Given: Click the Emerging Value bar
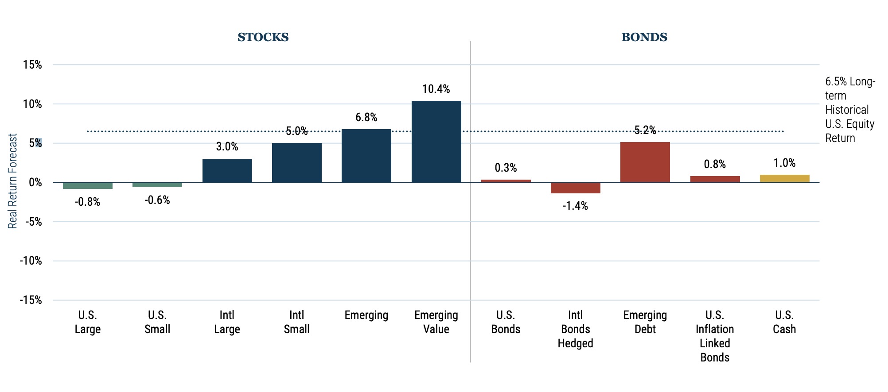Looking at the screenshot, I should point(436,142).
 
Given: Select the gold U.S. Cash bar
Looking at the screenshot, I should point(784,178).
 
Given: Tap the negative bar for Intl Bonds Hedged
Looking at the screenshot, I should point(575,188).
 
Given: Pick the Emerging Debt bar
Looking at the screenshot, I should point(645,162).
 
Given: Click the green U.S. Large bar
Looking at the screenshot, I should point(88,186).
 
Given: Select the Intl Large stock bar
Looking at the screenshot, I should point(227,171).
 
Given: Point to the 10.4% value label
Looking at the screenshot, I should point(436,89).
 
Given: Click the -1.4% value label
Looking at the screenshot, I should point(575,206).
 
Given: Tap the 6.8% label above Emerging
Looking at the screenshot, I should point(366,118).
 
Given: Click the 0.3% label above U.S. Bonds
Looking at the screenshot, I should point(506,168).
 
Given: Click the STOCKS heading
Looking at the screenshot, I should point(263,37).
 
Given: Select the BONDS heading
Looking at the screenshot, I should point(644,37).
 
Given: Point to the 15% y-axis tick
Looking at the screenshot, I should point(32,65).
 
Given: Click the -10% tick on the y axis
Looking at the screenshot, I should point(31,261).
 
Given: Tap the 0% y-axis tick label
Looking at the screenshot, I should point(35,183).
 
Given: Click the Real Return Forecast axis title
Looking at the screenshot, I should point(12,181).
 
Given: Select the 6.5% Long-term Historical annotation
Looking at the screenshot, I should point(849,110).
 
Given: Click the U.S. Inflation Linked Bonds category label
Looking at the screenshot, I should point(714,336).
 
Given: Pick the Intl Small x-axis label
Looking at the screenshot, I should point(296,322).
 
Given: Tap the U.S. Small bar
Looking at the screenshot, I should point(157,185).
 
